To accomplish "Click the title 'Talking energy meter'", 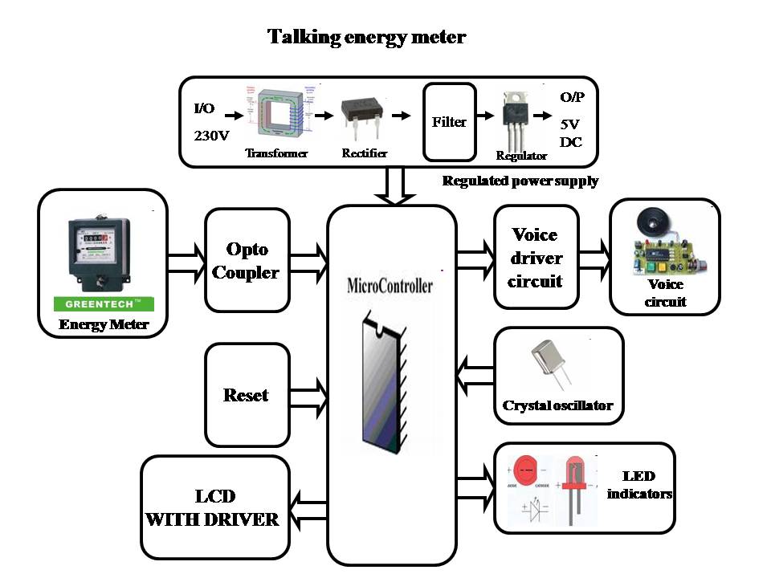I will (366, 37).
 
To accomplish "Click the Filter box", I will (448, 122).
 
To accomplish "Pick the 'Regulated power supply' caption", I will (520, 181).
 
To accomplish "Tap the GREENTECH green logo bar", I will (103, 304).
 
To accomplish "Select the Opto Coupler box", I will (247, 260).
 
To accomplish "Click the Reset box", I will (247, 395).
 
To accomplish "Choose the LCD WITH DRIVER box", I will (214, 507).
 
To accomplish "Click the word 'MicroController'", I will (390, 285).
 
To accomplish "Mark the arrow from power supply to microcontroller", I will (391, 187).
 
